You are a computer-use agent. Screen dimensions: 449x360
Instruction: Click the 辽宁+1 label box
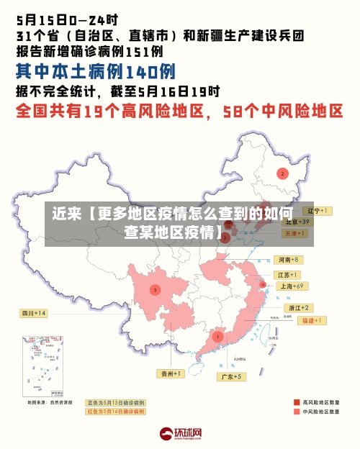(318, 211)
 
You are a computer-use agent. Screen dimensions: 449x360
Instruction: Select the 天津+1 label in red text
(295, 234)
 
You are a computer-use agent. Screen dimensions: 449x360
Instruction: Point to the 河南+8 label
(289, 259)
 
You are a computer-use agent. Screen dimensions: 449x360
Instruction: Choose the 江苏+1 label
(288, 275)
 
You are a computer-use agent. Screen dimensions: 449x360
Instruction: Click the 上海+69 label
(292, 286)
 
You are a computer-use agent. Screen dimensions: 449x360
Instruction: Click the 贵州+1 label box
(172, 373)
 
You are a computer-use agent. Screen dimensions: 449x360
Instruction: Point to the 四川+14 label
(33, 313)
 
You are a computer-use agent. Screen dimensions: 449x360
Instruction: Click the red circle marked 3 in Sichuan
(154, 289)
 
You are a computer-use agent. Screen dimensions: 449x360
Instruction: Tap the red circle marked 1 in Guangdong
(217, 337)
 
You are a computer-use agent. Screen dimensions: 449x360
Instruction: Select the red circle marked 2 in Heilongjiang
(282, 173)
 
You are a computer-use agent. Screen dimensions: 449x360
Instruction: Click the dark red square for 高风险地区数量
(297, 402)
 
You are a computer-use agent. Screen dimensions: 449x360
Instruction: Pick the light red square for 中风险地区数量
(297, 412)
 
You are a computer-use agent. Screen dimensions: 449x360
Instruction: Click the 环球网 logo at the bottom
(180, 434)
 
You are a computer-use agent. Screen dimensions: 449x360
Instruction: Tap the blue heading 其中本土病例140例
(95, 71)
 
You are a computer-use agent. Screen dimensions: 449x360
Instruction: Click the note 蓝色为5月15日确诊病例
(115, 403)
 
